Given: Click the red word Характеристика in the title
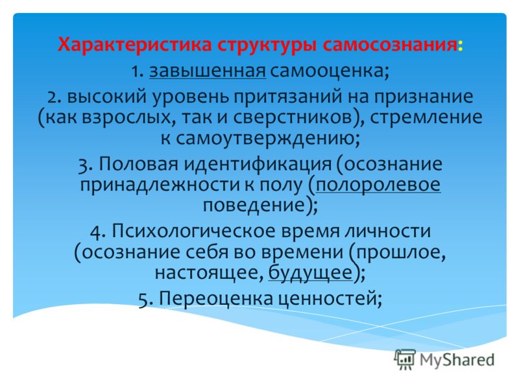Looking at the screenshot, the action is [x=134, y=45].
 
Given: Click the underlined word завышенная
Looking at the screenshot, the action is [x=208, y=71].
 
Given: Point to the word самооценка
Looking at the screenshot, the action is [x=327, y=71].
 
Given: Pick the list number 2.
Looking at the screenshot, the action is [x=52, y=97].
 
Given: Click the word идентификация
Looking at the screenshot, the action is [x=258, y=165].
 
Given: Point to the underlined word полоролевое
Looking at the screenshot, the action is [x=378, y=185].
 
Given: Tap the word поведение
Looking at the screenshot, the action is [x=254, y=206].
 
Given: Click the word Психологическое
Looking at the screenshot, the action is [x=193, y=231].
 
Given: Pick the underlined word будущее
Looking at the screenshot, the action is [x=310, y=274].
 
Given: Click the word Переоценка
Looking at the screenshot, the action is [x=216, y=299].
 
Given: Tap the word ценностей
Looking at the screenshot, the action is [x=326, y=299].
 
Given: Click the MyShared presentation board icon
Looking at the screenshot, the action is [x=405, y=359].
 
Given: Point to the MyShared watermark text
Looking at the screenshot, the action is [x=457, y=360].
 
